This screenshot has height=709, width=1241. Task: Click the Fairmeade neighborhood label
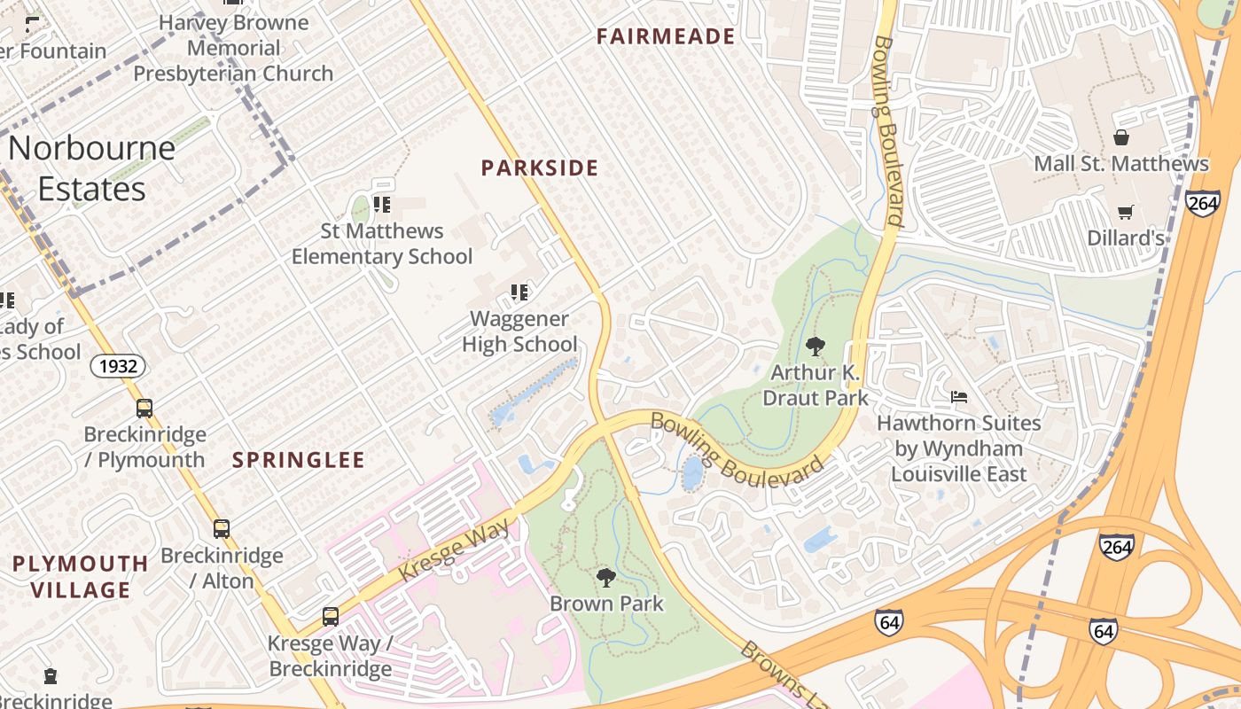[x=666, y=36]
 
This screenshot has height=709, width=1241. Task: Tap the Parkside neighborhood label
[x=540, y=168]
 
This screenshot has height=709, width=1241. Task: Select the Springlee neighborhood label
[x=299, y=460]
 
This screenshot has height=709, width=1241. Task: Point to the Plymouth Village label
[x=81, y=576]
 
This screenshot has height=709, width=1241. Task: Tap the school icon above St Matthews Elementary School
[x=382, y=205]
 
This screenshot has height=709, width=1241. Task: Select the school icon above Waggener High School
[x=519, y=292]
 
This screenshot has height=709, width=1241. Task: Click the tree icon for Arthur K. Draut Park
[x=815, y=347]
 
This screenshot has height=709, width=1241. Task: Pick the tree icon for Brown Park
[x=606, y=578]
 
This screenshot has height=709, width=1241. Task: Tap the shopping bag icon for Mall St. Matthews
[x=1121, y=137]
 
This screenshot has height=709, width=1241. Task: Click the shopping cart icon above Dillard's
[x=1125, y=212]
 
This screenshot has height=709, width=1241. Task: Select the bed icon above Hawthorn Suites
[x=958, y=396]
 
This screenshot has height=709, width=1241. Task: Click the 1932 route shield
[x=117, y=365]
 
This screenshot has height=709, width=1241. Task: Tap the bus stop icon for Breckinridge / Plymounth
[x=144, y=409]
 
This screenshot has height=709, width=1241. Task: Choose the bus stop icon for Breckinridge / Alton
[x=222, y=529]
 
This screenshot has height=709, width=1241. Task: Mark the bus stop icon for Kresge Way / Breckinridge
[x=331, y=617]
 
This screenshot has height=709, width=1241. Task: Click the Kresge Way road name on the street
[x=455, y=551]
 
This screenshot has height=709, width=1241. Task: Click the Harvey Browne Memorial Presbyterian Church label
[x=234, y=48]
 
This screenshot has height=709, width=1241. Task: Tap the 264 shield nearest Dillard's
[x=1202, y=202]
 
